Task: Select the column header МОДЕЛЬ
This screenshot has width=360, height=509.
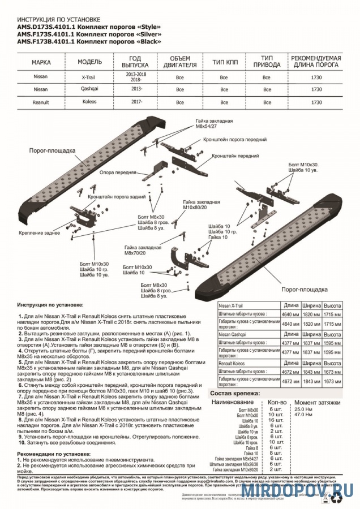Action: [89, 62]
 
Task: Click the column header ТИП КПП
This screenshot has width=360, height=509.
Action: [224, 62]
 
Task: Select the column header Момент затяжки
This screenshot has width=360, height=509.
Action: [317, 402]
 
